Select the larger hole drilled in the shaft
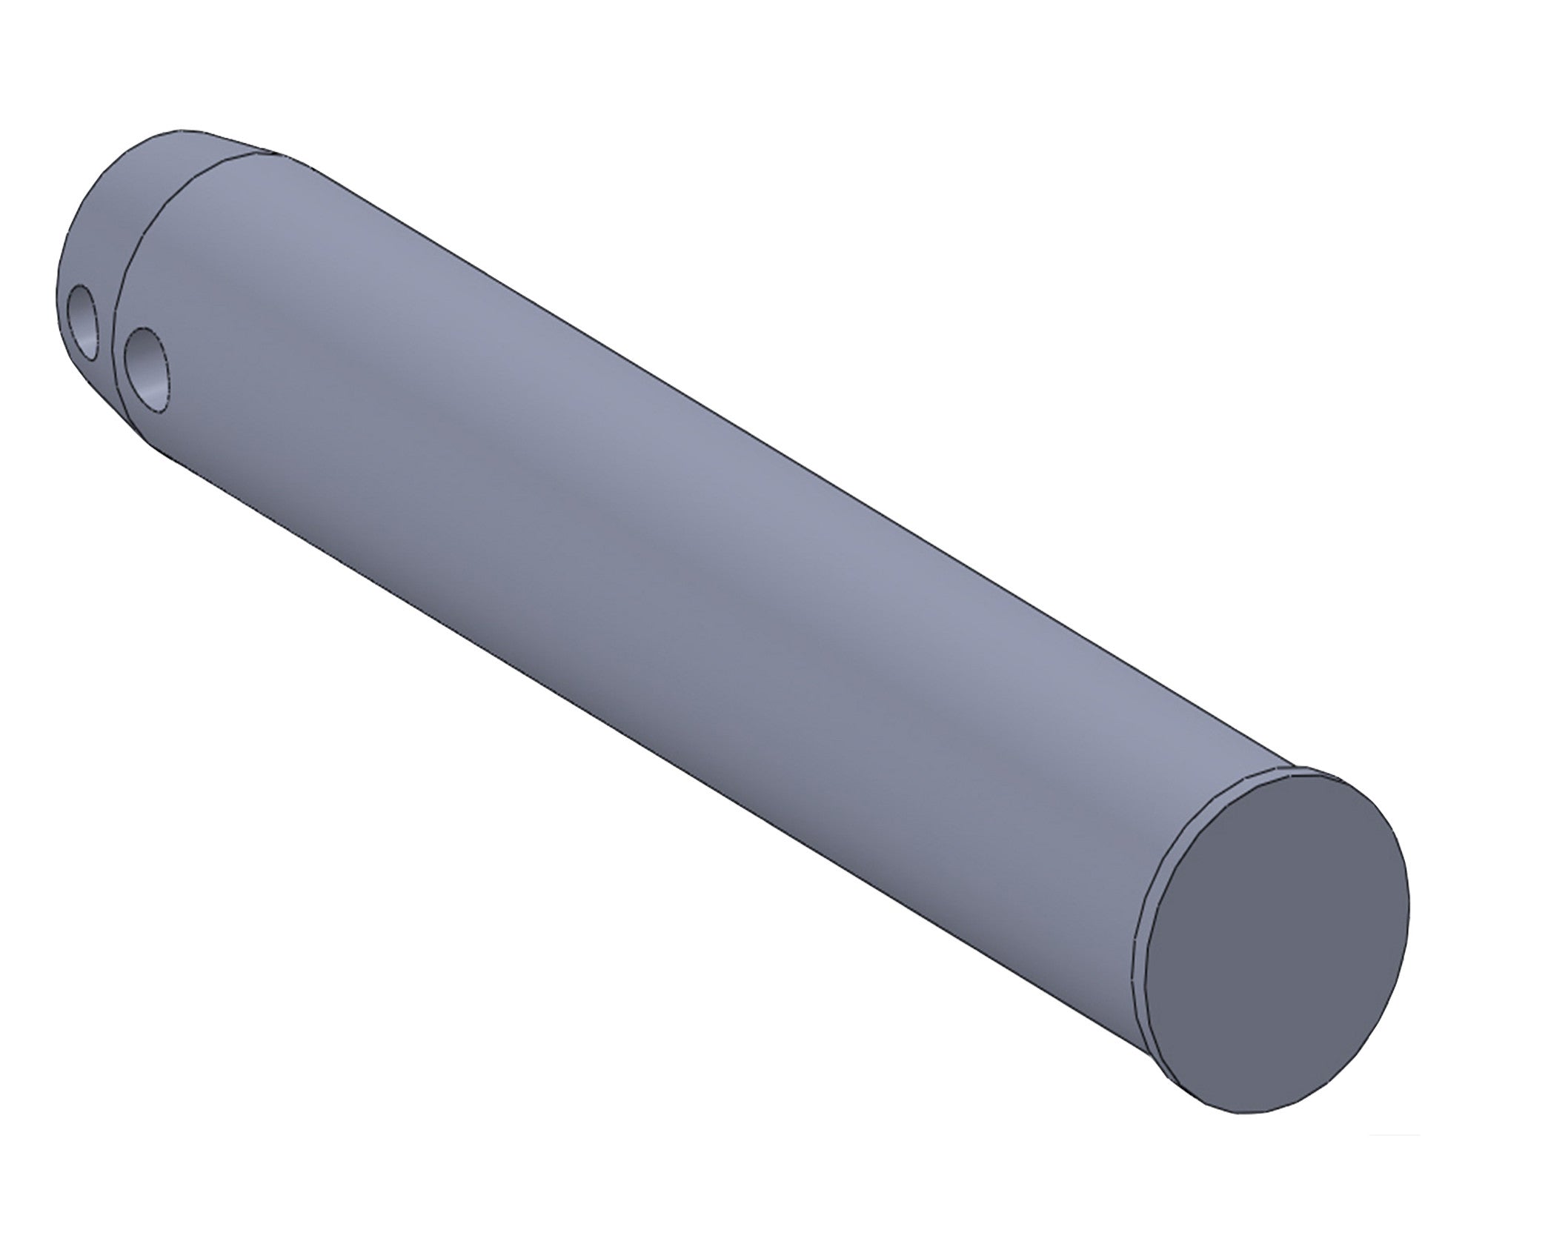[x=146, y=368]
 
